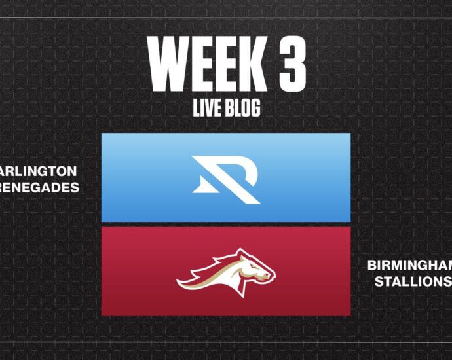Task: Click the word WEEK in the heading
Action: (x=207, y=63)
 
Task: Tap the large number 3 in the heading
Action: (x=292, y=63)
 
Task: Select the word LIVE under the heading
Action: (x=207, y=108)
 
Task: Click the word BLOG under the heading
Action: (x=242, y=108)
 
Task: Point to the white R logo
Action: (x=226, y=180)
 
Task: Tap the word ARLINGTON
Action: (x=38, y=171)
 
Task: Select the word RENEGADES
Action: (x=39, y=187)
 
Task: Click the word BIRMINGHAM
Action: (x=409, y=265)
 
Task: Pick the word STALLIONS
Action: (x=413, y=281)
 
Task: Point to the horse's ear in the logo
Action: (x=240, y=253)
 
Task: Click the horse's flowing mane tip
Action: (x=178, y=280)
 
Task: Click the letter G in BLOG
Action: (x=255, y=108)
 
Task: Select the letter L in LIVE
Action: (x=196, y=108)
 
